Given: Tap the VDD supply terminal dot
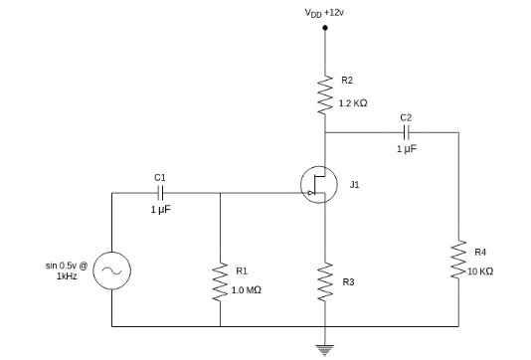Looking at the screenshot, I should (324, 29).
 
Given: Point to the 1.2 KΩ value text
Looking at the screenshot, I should (354, 103).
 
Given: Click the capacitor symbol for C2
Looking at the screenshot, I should (405, 132).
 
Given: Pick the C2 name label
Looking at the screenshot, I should (405, 117).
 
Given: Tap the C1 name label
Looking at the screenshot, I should (160, 177).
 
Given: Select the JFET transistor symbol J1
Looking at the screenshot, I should (318, 184).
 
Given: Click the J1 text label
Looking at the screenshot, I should (355, 184).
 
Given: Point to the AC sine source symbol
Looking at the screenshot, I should (111, 270).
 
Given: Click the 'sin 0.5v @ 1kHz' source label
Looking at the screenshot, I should (67, 270).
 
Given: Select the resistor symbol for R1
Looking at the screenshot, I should (219, 281).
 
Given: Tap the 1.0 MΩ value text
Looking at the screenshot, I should (246, 289).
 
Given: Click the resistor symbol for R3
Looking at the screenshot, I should (324, 281).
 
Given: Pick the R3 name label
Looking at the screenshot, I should (347, 282).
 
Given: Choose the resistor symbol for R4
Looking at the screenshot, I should (458, 259).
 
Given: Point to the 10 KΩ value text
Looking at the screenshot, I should (479, 270).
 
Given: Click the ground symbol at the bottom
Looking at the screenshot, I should (324, 347).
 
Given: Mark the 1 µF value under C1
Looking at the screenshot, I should (160, 210).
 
